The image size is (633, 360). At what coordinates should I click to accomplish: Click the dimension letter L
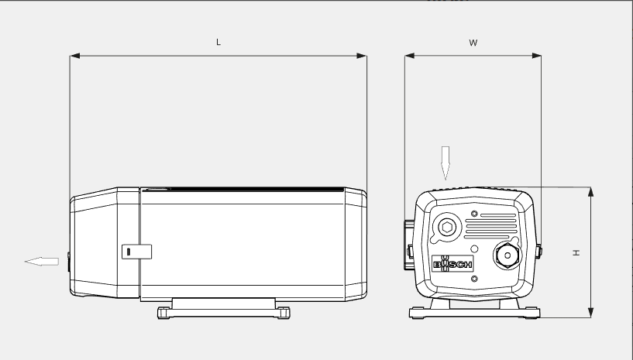pyautogui.click(x=218, y=43)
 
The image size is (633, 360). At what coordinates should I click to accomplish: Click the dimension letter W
pyautogui.click(x=473, y=43)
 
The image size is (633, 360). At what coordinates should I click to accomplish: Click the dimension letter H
pyautogui.click(x=576, y=252)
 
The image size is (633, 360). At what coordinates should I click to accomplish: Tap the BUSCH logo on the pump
pyautogui.click(x=452, y=265)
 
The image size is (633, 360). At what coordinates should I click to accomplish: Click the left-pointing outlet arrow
pyautogui.click(x=42, y=262)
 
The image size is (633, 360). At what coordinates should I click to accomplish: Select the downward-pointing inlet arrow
pyautogui.click(x=446, y=162)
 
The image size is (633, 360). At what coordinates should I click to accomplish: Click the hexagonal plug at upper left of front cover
pyautogui.click(x=447, y=226)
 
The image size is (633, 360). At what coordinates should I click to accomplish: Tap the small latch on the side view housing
pyautogui.click(x=136, y=252)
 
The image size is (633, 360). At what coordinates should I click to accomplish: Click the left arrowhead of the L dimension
pyautogui.click(x=75, y=56)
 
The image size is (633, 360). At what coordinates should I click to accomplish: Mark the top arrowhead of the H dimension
pyautogui.click(x=590, y=192)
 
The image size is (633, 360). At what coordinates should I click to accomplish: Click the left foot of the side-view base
pyautogui.click(x=164, y=313)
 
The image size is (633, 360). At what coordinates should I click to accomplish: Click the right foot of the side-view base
pyautogui.click(x=284, y=313)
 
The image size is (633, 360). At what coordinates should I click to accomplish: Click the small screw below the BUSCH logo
pyautogui.click(x=474, y=279)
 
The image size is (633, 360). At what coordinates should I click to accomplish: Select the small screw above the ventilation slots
pyautogui.click(x=474, y=212)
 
